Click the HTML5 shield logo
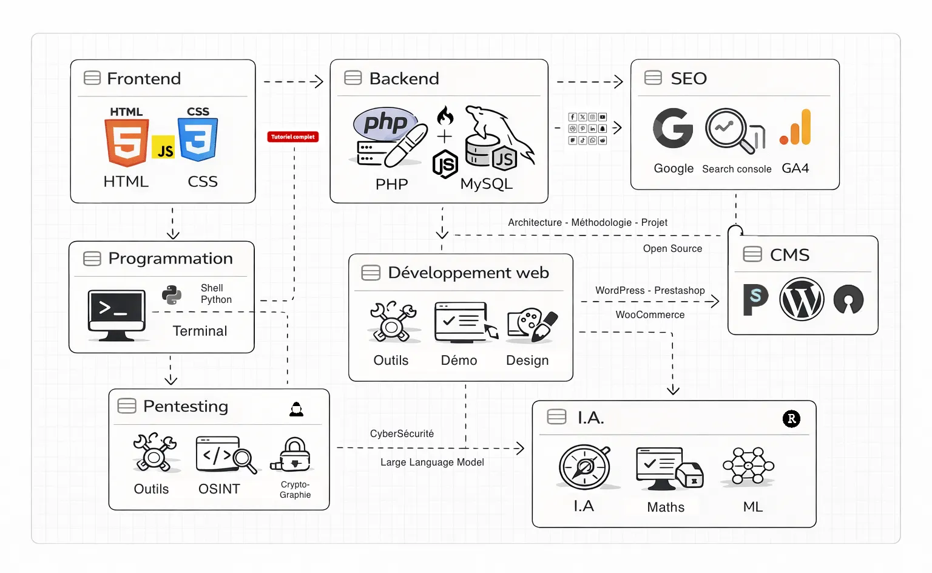point(126,142)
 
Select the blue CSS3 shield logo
point(198,139)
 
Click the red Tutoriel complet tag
point(293,137)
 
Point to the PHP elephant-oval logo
point(384,123)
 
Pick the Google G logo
point(673,129)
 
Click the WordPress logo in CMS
point(802,299)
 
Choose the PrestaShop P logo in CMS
point(755,299)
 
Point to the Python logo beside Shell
point(172,294)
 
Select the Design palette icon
point(532,324)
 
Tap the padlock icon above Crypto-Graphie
point(294,455)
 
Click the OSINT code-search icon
point(225,455)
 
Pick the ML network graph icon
point(748,466)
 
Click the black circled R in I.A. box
point(791,419)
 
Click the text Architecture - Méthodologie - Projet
point(587,223)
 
